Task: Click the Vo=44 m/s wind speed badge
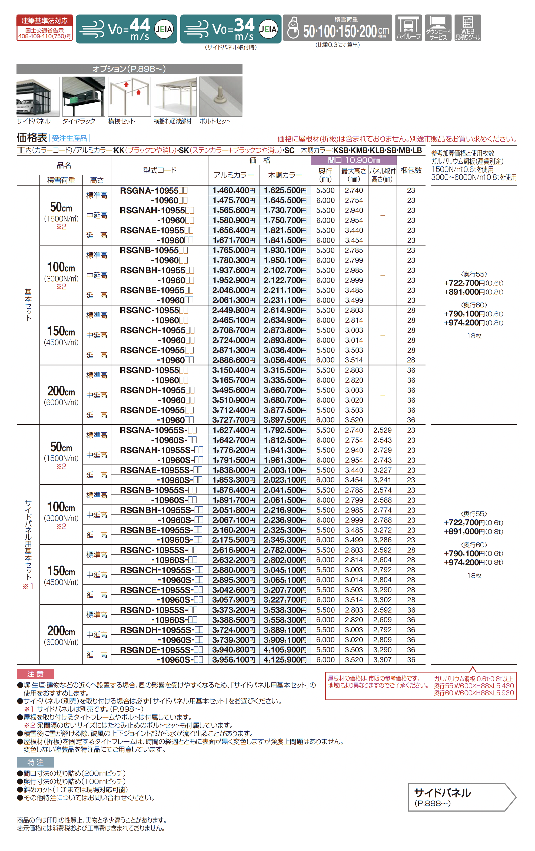[x=126, y=29]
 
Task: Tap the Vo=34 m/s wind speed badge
[x=230, y=29]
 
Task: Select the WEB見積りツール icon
[x=467, y=28]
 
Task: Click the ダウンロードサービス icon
[x=438, y=28]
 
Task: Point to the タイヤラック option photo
[x=84, y=96]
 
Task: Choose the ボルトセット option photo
[x=221, y=96]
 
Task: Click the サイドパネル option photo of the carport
[x=38, y=96]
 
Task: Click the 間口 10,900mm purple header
[x=354, y=160]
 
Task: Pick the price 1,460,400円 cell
[x=234, y=190]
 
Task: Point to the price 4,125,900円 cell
[x=285, y=660]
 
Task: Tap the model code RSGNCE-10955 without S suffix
[x=152, y=350]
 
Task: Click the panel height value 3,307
[x=382, y=660]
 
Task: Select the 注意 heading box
[x=35, y=674]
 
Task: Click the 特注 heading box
[x=35, y=762]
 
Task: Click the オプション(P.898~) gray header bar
[x=129, y=69]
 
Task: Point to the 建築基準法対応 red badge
[x=45, y=28]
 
